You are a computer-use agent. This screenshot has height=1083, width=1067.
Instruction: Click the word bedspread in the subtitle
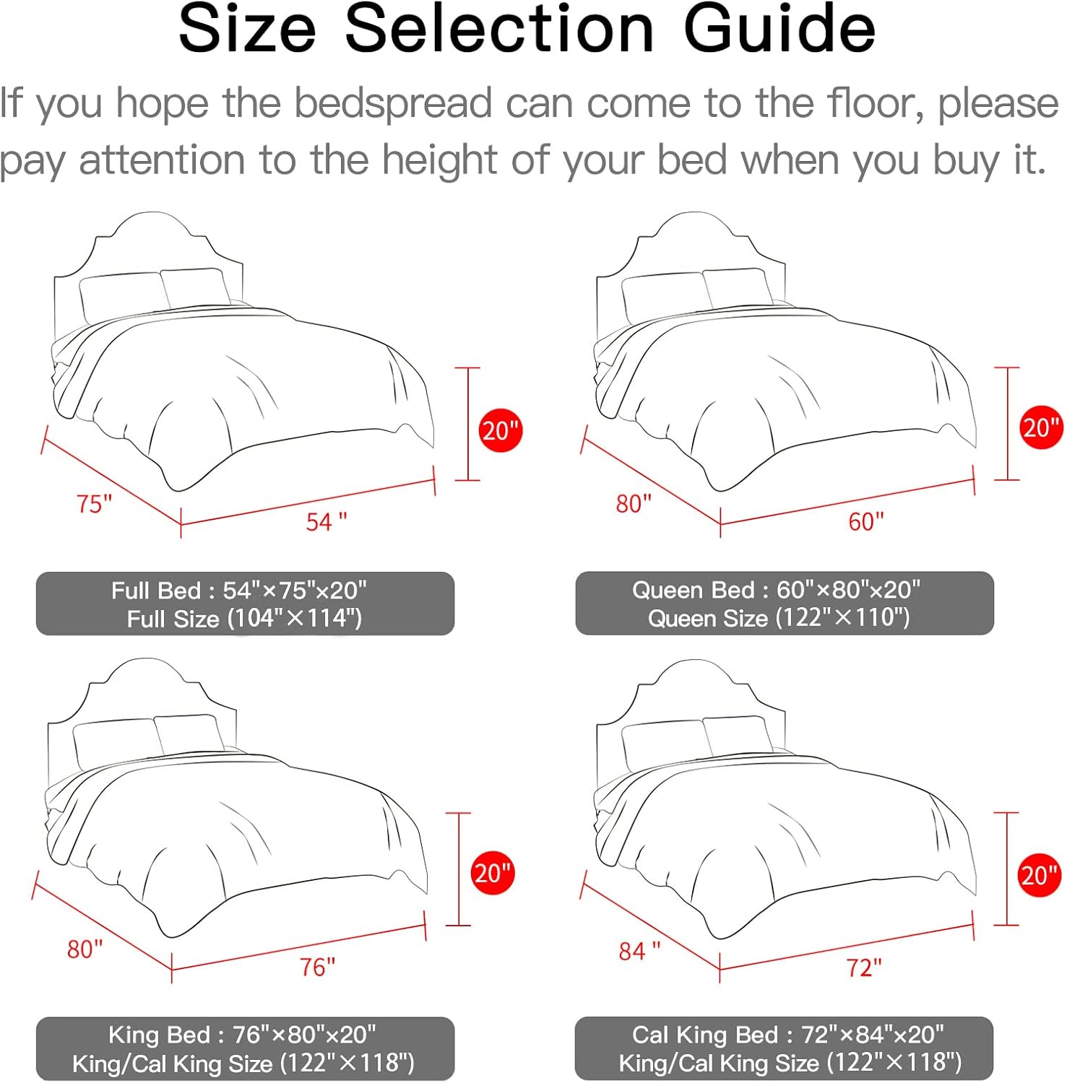pyautogui.click(x=393, y=103)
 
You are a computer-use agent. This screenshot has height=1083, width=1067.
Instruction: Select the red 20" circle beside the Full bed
pyautogui.click(x=500, y=431)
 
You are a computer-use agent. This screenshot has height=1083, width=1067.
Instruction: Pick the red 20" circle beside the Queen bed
pyautogui.click(x=1040, y=427)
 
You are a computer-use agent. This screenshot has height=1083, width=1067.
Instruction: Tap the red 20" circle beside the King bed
pyautogui.click(x=492, y=873)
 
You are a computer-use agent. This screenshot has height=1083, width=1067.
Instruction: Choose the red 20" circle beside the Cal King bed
pyautogui.click(x=1039, y=875)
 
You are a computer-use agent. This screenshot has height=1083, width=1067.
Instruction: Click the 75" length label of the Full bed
pyautogui.click(x=94, y=503)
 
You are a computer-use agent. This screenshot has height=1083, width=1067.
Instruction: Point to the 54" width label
pyautogui.click(x=326, y=521)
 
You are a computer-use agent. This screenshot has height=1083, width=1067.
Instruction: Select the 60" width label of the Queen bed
pyautogui.click(x=865, y=521)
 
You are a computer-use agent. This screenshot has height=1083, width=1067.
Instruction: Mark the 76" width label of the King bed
pyautogui.click(x=317, y=966)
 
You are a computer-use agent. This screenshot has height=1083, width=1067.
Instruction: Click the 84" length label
pyautogui.click(x=639, y=951)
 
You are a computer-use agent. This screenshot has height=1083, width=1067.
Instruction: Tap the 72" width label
pyautogui.click(x=864, y=967)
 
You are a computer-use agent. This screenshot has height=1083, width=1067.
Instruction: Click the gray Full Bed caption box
pyautogui.click(x=245, y=604)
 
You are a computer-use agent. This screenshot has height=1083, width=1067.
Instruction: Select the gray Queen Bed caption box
pyautogui.click(x=784, y=603)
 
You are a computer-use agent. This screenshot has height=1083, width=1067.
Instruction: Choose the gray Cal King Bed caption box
pyautogui.click(x=784, y=1048)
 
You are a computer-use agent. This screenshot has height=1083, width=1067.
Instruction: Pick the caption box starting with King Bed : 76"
pyautogui.click(x=245, y=1048)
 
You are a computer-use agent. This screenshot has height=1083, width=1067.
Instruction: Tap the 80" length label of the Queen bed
pyautogui.click(x=634, y=503)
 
